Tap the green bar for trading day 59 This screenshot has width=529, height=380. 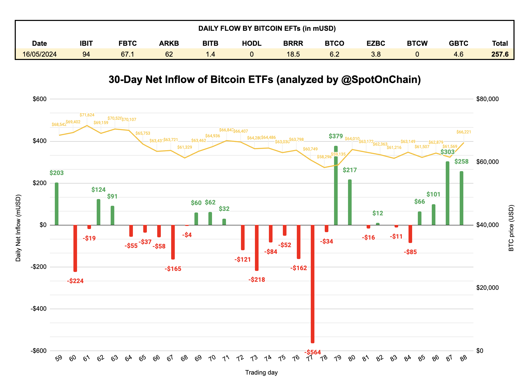click(57, 204)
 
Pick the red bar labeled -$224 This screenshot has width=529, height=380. click(75, 248)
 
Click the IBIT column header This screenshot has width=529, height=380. click(86, 43)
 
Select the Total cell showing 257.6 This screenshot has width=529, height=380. click(500, 54)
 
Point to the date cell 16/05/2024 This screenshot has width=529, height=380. click(40, 54)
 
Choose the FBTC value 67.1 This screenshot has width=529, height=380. click(127, 54)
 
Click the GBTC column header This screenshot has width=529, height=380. click(458, 43)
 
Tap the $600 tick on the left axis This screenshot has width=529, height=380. click(39, 99)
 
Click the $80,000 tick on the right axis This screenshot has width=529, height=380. click(487, 99)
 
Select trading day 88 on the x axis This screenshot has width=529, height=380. click(463, 358)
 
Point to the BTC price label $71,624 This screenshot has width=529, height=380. click(87, 115)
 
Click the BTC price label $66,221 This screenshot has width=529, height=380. click(464, 132)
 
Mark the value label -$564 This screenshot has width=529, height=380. click(313, 352)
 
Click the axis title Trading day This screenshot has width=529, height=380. click(261, 373)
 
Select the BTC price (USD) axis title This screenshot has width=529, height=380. click(511, 228)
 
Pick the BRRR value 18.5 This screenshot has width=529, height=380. click(293, 54)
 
